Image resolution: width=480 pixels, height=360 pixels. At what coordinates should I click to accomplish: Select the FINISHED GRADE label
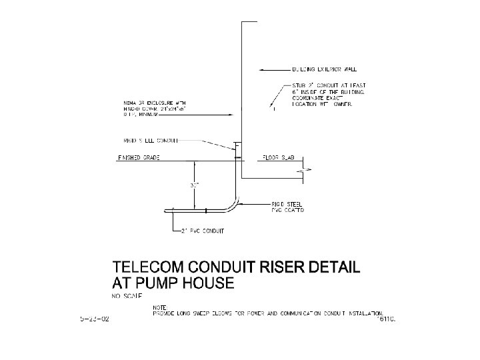tap(139, 158)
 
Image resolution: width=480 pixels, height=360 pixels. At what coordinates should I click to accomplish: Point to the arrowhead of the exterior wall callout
tap(262, 69)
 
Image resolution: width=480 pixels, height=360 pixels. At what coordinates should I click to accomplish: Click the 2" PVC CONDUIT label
tap(203, 231)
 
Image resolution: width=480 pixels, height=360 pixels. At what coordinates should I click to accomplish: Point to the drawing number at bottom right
tap(386, 319)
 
